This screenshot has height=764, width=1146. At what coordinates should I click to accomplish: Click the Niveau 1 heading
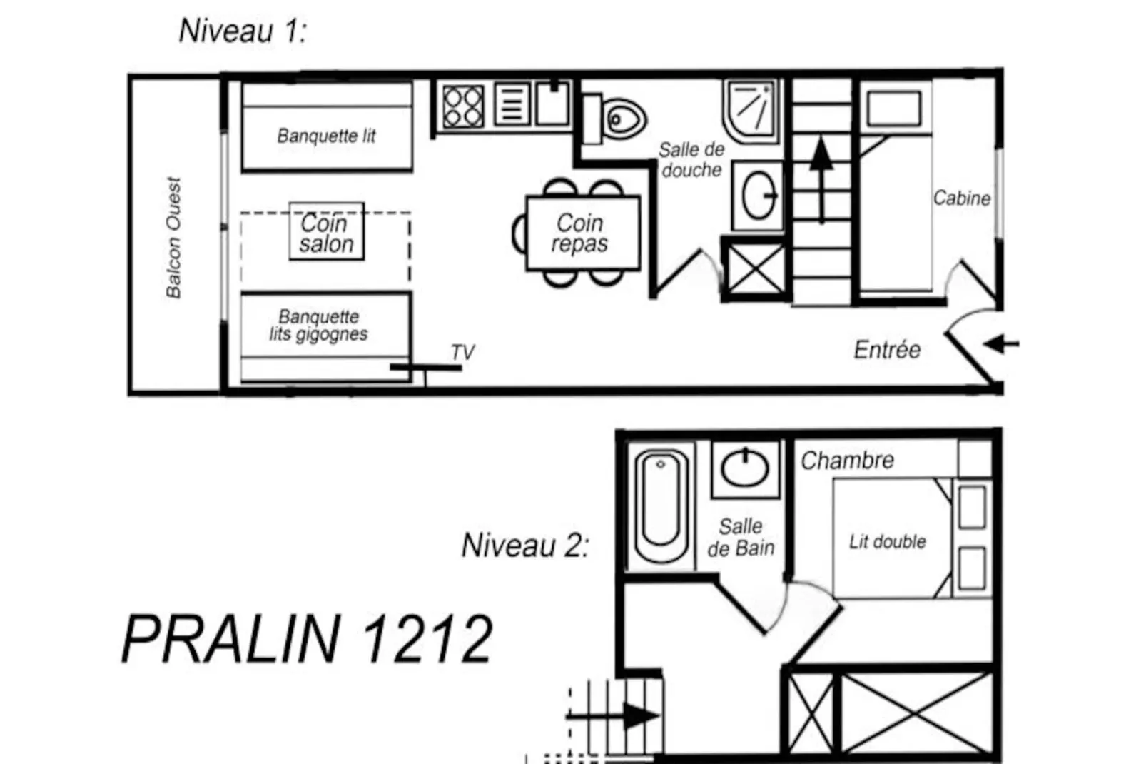coord(242,31)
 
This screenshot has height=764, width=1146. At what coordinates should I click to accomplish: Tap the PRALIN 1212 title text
coord(307,639)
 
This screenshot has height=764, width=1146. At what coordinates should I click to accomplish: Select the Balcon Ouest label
coord(173,237)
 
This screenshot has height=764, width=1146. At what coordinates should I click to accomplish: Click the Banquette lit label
coord(326,136)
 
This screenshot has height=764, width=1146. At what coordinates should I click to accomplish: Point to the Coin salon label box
coord(327,233)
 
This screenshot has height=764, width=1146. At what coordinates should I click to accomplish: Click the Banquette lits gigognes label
coord(319,326)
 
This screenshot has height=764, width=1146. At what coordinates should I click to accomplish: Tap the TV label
coord(462,352)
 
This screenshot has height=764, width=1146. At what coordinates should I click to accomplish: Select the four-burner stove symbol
coord(462,106)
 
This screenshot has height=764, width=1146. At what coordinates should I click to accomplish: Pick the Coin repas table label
coord(581,233)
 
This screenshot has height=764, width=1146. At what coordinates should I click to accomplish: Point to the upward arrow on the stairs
coord(821,179)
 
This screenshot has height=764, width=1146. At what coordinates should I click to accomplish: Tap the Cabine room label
coord(961,198)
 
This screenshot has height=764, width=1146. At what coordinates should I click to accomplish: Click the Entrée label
coord(887,349)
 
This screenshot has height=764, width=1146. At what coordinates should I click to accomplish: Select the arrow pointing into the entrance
coord(1002,344)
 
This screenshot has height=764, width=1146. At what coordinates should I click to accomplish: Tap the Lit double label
coord(887,541)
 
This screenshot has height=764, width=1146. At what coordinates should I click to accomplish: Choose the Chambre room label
coord(847,461)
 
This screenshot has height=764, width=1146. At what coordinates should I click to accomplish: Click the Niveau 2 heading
coord(525,546)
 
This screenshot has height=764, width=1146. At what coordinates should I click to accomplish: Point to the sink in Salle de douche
coord(759,195)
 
